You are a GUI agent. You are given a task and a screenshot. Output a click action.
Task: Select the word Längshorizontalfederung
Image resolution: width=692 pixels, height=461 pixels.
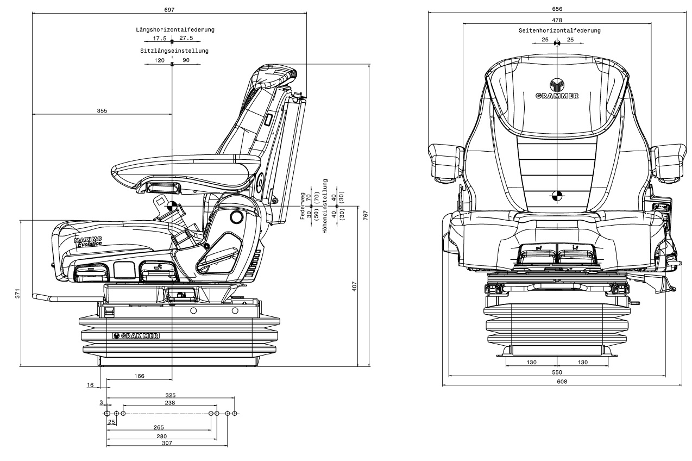(175, 30)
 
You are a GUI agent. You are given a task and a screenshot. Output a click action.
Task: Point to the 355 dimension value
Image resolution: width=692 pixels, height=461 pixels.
(102, 110)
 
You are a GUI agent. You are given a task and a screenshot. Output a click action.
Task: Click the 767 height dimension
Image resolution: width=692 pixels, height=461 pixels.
(366, 215)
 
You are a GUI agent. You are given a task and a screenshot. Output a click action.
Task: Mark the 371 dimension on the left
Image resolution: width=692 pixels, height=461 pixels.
(17, 294)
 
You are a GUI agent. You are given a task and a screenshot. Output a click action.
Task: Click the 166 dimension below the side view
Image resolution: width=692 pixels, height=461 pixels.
(140, 376)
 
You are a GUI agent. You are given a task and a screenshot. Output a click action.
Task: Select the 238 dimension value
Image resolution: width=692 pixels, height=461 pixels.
(169, 403)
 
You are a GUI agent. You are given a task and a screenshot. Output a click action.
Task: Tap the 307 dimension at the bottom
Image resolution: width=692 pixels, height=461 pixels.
(167, 444)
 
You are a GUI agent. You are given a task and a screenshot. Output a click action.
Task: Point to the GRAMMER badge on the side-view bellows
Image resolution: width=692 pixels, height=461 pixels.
(136, 336)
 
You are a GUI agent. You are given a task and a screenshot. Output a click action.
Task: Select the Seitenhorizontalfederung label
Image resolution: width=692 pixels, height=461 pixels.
(559, 31)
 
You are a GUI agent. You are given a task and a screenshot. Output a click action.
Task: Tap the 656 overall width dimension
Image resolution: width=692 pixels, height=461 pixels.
(557, 9)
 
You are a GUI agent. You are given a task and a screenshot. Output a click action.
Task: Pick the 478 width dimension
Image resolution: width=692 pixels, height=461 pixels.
(557, 20)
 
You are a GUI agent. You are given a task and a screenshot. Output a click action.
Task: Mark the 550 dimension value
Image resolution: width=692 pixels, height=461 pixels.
(557, 372)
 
